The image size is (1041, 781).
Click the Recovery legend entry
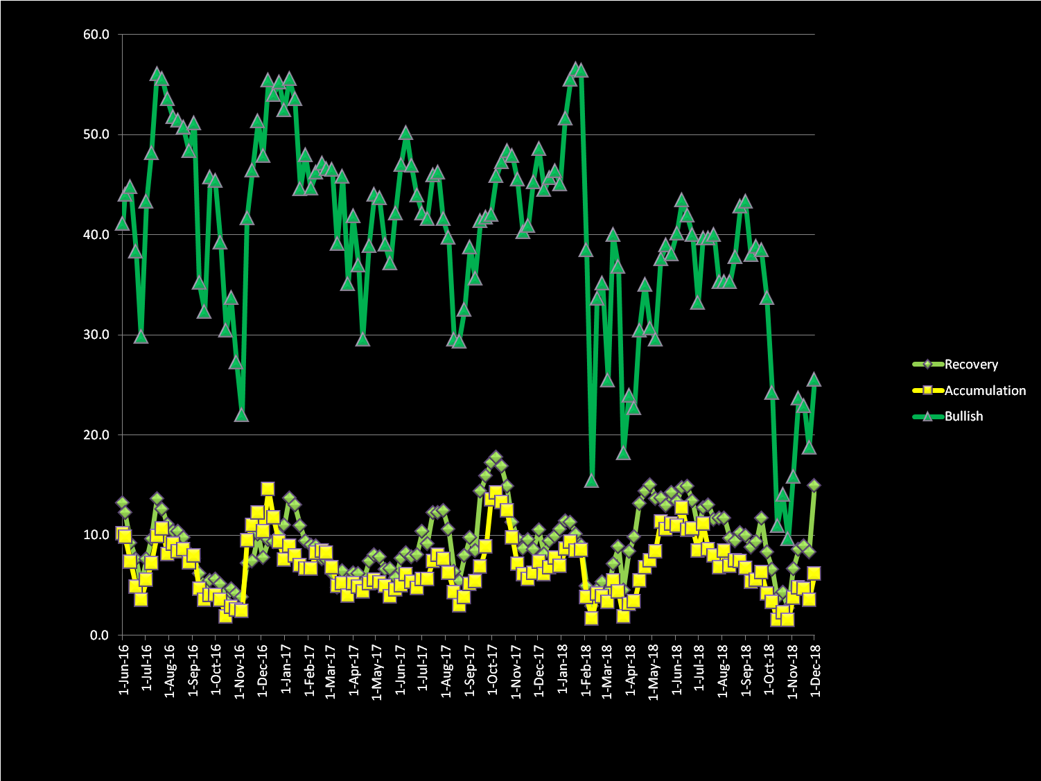tap(970, 365)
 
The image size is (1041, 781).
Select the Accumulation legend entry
tap(984, 391)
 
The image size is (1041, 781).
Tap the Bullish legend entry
tap(963, 416)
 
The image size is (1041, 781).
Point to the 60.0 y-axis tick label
tap(96, 35)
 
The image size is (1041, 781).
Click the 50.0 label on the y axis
tap(96, 134)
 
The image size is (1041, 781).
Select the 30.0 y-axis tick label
tap(96, 335)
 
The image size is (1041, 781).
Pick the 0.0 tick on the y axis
tap(100, 635)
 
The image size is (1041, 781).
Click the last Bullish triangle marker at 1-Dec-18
tap(814, 379)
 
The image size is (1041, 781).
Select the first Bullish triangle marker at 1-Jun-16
tap(122, 223)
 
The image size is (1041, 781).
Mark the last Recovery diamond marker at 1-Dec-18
tap(814, 486)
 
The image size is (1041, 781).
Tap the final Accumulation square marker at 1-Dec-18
tap(814, 573)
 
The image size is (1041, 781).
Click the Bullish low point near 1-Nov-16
tap(241, 415)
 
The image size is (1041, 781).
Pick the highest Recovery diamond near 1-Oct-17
tap(496, 457)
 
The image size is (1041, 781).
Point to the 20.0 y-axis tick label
tap(96, 435)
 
